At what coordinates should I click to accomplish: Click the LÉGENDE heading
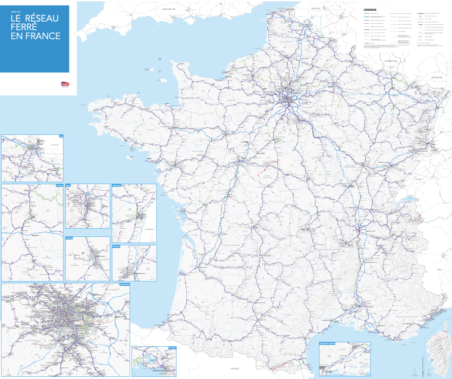[x=370, y=9]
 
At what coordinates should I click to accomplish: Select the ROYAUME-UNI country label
[x=169, y=9]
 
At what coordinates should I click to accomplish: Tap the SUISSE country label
[x=418, y=179]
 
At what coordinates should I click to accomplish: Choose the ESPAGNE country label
[x=235, y=369]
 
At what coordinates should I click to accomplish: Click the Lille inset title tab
[x=61, y=136]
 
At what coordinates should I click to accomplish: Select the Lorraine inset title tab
[x=60, y=186]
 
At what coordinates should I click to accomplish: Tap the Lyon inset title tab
[x=69, y=186]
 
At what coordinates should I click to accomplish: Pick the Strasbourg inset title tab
[x=116, y=186]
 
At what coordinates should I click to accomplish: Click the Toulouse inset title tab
[x=69, y=238]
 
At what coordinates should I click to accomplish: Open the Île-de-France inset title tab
[x=124, y=284]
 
